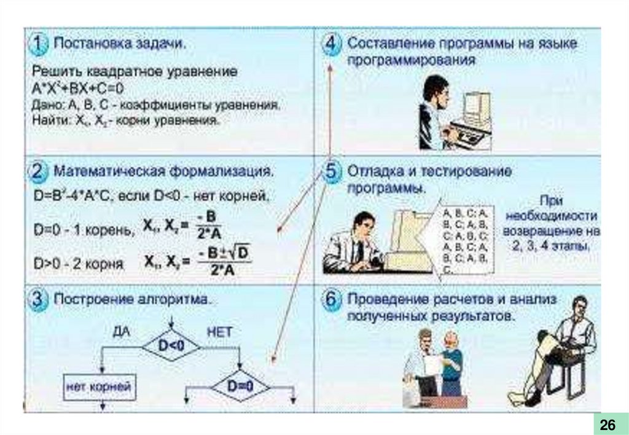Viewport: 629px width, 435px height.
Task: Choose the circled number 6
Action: [332, 300]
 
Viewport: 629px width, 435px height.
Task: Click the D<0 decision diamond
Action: [171, 347]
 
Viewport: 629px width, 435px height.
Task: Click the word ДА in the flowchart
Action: [121, 332]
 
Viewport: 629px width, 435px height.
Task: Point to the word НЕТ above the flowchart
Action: [219, 332]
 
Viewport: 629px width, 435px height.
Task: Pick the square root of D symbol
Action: [238, 253]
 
